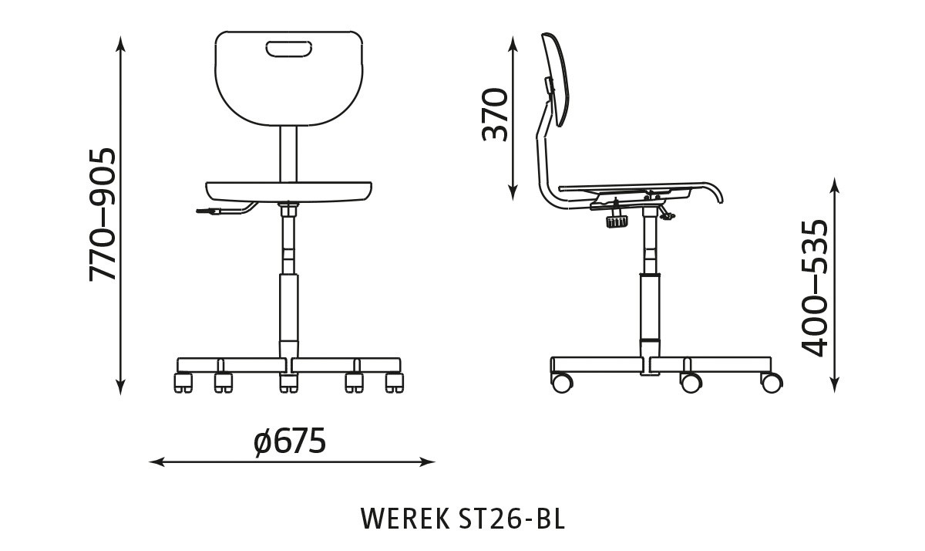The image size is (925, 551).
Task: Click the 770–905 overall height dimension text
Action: [103, 214]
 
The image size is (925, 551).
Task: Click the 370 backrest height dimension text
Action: [495, 115]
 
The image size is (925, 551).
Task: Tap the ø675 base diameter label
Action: [290, 441]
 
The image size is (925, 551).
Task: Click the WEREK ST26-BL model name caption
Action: [462, 519]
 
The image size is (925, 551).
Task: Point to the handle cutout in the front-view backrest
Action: [288, 50]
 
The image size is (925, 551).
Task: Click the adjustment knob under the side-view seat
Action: [617, 221]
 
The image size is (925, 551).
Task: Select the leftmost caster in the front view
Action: [183, 381]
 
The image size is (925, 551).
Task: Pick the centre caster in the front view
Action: [288, 382]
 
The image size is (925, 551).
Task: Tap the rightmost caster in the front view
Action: [394, 381]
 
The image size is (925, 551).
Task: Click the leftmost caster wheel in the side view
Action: [562, 381]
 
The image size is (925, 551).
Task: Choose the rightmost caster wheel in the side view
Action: [771, 380]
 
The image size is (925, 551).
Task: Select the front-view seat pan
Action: [288, 190]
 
